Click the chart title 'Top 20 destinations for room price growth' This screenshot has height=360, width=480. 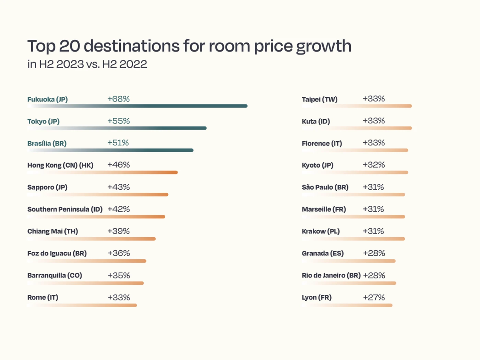tap(189, 46)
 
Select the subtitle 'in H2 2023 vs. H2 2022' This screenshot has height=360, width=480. tap(87, 64)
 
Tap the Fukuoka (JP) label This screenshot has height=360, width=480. tap(47, 99)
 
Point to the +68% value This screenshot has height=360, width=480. tap(118, 99)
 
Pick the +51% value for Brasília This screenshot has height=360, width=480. tap(118, 143)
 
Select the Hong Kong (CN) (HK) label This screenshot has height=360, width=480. tap(60, 165)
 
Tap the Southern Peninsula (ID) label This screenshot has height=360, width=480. tap(65, 209)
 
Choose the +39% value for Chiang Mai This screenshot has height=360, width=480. tap(118, 231)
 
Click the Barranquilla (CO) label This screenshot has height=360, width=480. tap(55, 276)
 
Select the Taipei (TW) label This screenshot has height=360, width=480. tap(320, 99)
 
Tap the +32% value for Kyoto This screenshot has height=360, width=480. tap(374, 165)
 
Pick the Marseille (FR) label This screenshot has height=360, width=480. tap(324, 209)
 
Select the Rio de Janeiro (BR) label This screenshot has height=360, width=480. tap(331, 276)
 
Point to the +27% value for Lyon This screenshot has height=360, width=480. tap(374, 298)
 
